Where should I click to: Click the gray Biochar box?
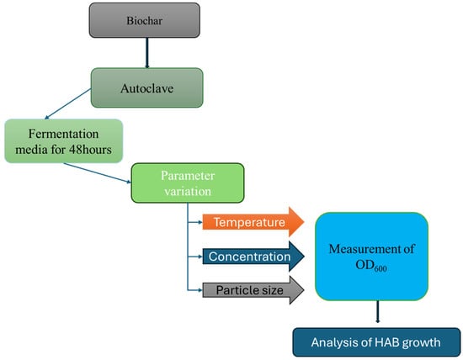(x=145, y=20)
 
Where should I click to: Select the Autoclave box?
(x=146, y=88)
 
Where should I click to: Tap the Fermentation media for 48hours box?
(x=63, y=141)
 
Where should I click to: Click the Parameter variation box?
(x=188, y=183)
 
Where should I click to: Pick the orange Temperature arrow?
(x=253, y=222)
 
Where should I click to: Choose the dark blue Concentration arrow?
(x=253, y=257)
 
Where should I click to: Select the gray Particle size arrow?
(x=253, y=290)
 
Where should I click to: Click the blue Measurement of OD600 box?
(x=371, y=257)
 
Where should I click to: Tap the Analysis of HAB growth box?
(x=376, y=342)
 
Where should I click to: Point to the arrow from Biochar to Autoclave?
(x=146, y=53)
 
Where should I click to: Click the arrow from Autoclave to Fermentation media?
(x=67, y=103)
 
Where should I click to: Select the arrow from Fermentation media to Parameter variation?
(x=98, y=173)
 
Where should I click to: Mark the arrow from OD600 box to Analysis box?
(x=377, y=312)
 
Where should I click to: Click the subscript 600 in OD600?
(x=381, y=268)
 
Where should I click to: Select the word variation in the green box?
(x=188, y=191)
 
